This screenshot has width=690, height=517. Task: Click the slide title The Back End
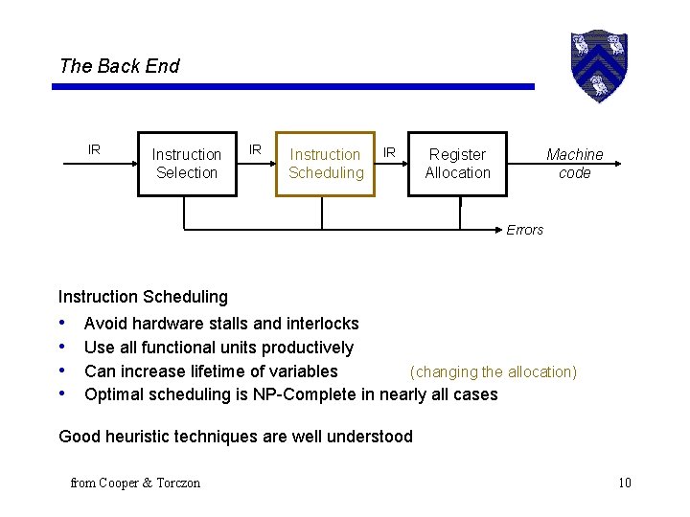119,66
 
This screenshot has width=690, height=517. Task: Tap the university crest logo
598,65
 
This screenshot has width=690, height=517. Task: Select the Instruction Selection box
187,164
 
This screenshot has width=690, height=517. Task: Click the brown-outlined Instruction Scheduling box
325,164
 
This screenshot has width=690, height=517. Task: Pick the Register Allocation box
457,164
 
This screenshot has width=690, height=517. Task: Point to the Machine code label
574,164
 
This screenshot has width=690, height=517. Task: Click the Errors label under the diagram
524,230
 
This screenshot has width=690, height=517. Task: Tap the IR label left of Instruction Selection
94,149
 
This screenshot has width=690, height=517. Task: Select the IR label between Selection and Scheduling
255,149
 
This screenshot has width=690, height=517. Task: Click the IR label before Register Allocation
389,151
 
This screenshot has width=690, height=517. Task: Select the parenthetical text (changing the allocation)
494,371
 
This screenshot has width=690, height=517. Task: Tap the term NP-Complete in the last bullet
306,394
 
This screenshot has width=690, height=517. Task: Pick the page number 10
624,483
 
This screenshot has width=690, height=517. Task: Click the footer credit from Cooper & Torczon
135,483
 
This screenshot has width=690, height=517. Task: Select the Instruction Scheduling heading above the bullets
143,297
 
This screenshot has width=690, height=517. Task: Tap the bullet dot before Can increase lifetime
62,371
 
